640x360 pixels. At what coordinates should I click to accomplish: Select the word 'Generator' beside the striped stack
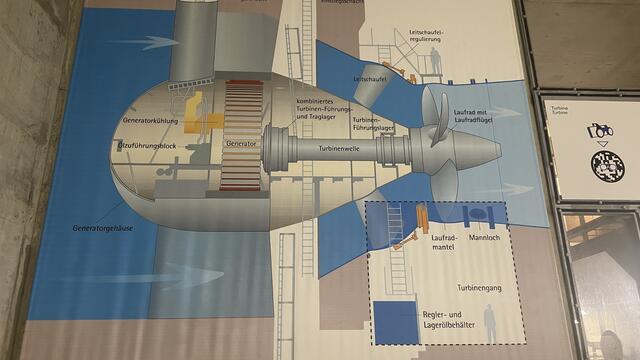(x=241, y=144)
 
